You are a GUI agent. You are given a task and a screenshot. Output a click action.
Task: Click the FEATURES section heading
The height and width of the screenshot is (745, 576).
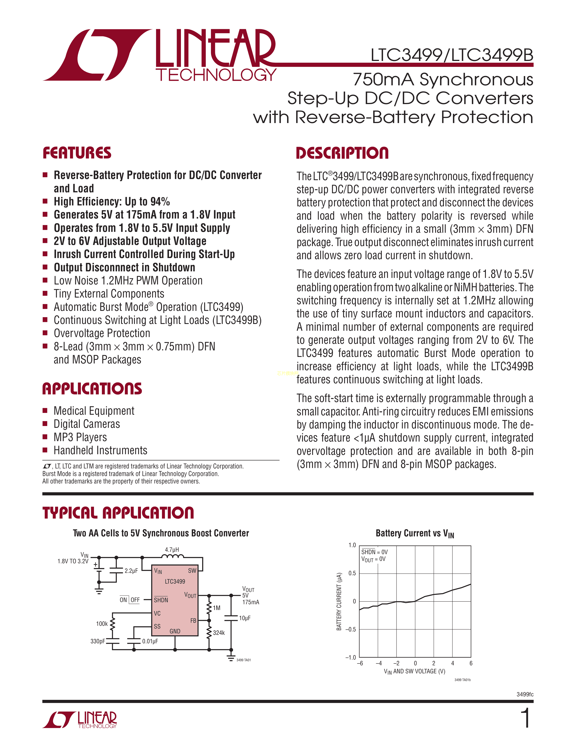click(x=77, y=153)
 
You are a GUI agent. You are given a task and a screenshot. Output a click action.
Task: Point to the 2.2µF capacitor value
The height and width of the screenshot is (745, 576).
click(x=131, y=571)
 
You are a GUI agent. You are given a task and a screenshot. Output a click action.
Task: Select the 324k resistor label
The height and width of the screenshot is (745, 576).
click(x=219, y=633)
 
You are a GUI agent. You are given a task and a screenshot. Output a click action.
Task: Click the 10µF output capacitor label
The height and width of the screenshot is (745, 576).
click(x=245, y=618)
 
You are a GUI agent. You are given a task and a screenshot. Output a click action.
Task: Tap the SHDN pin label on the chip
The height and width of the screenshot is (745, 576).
click(x=161, y=600)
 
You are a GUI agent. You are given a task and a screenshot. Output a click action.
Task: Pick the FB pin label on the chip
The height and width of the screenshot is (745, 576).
click(x=193, y=621)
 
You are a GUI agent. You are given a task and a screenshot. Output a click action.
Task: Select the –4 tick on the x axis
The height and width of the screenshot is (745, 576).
click(x=378, y=664)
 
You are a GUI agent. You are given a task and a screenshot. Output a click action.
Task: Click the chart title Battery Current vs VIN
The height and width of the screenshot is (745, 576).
click(x=415, y=533)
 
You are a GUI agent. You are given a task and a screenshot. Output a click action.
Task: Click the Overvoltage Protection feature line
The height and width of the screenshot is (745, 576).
click(x=102, y=333)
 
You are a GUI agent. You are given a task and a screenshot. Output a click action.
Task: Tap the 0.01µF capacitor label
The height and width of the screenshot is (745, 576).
click(x=150, y=641)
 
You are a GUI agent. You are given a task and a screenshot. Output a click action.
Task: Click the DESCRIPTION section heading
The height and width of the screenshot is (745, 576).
click(x=342, y=153)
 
